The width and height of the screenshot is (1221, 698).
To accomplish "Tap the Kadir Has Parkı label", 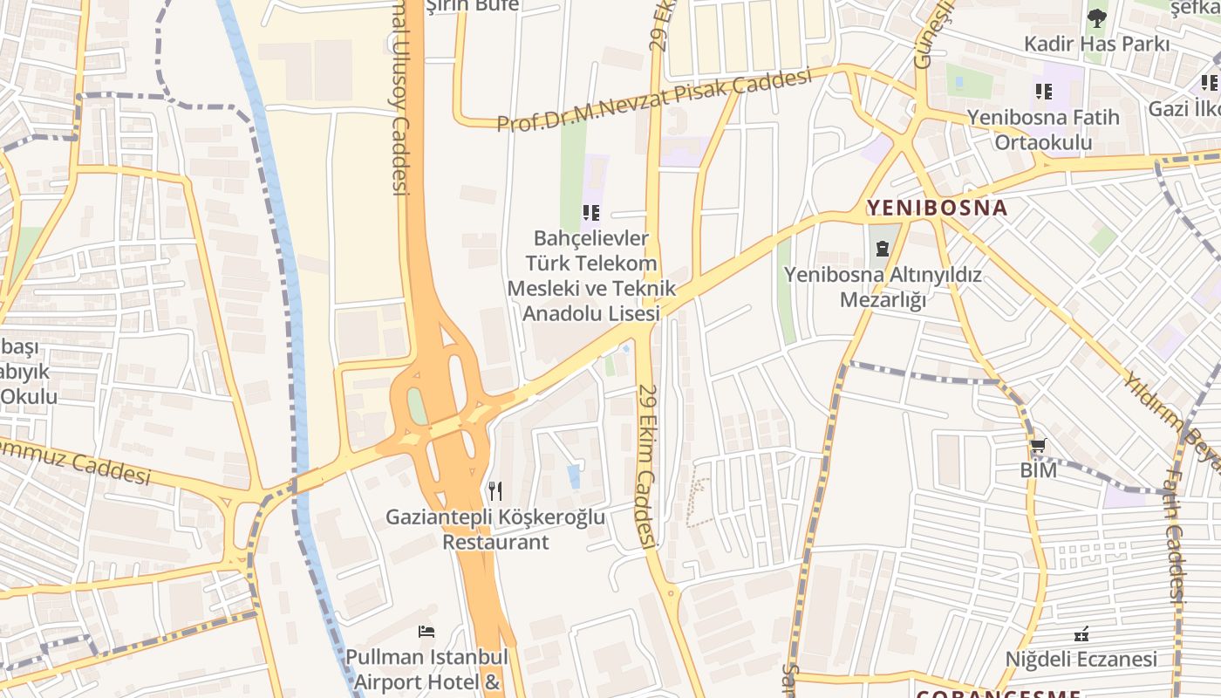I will coord(1096,44).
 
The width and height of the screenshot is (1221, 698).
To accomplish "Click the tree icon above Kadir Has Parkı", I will coord(1096,17).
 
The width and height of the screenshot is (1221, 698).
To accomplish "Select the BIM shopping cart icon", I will coord(1038,447).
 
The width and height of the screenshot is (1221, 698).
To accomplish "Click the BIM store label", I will coord(1038,470).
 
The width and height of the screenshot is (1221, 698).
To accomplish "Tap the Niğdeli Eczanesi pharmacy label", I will coord(1081,659).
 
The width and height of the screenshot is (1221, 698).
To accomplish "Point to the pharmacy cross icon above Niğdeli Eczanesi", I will coord(1082,634).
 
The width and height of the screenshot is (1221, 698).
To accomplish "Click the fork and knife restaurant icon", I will coord(495,491).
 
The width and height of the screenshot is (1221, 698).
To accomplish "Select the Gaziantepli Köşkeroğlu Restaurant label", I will coord(495,529).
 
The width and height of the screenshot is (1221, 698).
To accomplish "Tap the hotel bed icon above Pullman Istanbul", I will coord(426,631).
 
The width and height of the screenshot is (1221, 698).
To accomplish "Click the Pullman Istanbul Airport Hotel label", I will coord(426,668).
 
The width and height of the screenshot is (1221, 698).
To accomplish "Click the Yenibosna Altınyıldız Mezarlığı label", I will coord(883,287).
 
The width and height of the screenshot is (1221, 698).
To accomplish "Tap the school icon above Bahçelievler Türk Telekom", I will coord(591,212).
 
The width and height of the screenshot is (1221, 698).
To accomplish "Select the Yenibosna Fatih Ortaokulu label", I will coord(1043,129).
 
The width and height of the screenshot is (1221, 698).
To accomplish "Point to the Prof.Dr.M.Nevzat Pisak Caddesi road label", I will coord(654,101).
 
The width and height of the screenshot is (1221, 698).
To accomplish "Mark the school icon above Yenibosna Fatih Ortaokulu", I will coord(1043,91).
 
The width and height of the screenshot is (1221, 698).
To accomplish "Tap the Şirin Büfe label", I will coord(472,5).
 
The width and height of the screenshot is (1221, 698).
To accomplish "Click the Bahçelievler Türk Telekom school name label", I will coord(591,275).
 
